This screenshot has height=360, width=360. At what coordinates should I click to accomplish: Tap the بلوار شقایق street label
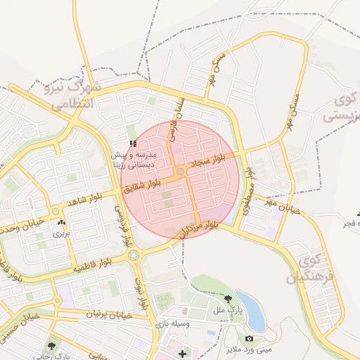(x=147, y=184)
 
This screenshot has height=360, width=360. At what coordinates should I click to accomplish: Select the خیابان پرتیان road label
(x=109, y=314)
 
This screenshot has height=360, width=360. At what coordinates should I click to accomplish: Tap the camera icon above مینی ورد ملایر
(x=249, y=338)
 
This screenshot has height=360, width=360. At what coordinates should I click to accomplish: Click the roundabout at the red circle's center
(x=180, y=172)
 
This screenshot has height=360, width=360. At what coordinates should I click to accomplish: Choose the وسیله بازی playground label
(x=174, y=324)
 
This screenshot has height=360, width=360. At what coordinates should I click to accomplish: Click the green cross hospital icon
(x=184, y=353)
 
